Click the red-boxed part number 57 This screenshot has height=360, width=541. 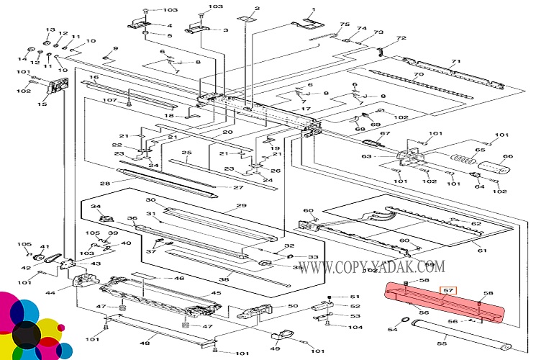click(x=448, y=291)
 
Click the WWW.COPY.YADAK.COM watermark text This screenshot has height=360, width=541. click(x=372, y=267)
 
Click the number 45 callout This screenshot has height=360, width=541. click(x=215, y=293)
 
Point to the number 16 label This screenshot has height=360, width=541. click(x=94, y=77)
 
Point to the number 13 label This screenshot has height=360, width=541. click(x=50, y=30)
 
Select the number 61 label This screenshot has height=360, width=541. click(x=481, y=250)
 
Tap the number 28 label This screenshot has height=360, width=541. click(x=105, y=184)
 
